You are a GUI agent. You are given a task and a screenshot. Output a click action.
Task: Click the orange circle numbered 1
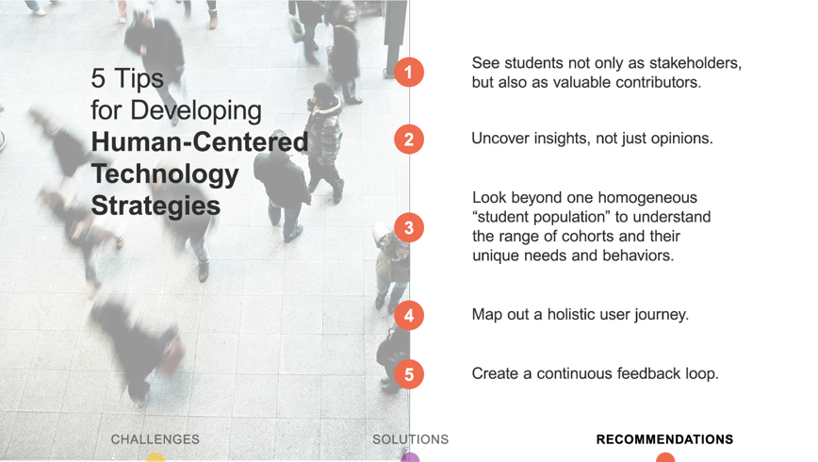click(409, 72)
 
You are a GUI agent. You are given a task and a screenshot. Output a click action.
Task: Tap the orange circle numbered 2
click(409, 140)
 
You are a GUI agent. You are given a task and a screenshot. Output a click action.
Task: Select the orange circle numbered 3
click(409, 227)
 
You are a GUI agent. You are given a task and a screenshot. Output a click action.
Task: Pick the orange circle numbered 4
click(409, 315)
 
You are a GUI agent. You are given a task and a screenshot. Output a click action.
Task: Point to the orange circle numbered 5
click(409, 374)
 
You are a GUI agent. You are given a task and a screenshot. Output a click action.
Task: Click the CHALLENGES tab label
click(155, 439)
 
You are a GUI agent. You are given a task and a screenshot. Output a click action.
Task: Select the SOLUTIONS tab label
click(411, 439)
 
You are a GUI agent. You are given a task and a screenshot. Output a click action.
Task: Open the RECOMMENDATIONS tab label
click(664, 439)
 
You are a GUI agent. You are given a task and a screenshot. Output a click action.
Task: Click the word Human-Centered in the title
click(200, 142)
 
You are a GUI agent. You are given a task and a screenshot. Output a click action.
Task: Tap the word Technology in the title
click(165, 174)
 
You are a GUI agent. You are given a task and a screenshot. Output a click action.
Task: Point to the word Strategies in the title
click(155, 206)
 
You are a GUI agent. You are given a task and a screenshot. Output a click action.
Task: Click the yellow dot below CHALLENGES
click(155, 457)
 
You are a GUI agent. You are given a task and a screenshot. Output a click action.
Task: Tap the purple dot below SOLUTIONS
click(410, 457)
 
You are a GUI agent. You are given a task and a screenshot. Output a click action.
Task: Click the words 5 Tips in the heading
click(127, 78)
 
